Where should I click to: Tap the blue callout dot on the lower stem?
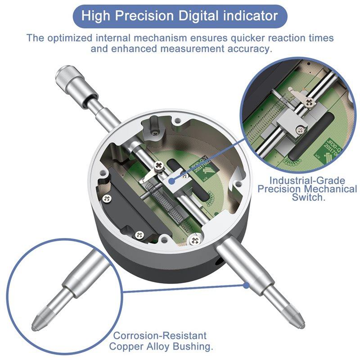[246, 284]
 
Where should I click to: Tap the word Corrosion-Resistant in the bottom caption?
[160, 336]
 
